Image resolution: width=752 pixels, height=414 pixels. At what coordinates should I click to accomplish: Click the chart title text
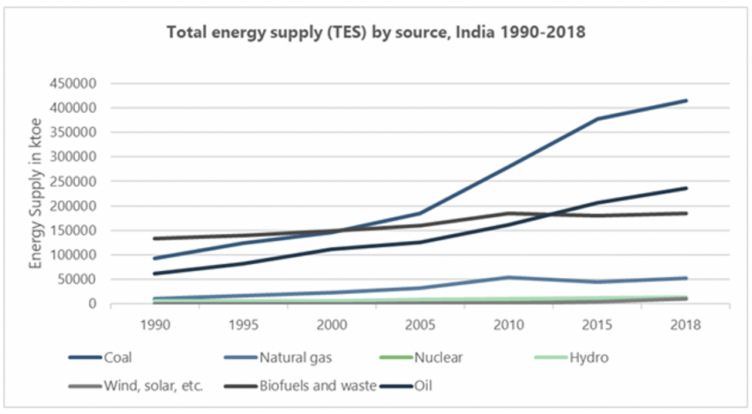click(376, 32)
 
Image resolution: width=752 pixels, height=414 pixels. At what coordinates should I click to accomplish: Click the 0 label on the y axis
click(93, 304)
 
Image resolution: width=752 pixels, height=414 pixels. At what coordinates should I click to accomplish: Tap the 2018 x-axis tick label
click(685, 325)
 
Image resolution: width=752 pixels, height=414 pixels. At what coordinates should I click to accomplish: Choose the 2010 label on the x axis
click(508, 325)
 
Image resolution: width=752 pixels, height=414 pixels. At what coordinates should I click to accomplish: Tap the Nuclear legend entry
click(438, 357)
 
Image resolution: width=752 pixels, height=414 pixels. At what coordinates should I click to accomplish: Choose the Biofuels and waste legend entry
click(318, 386)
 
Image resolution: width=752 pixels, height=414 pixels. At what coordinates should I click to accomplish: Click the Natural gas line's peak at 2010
click(508, 277)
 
